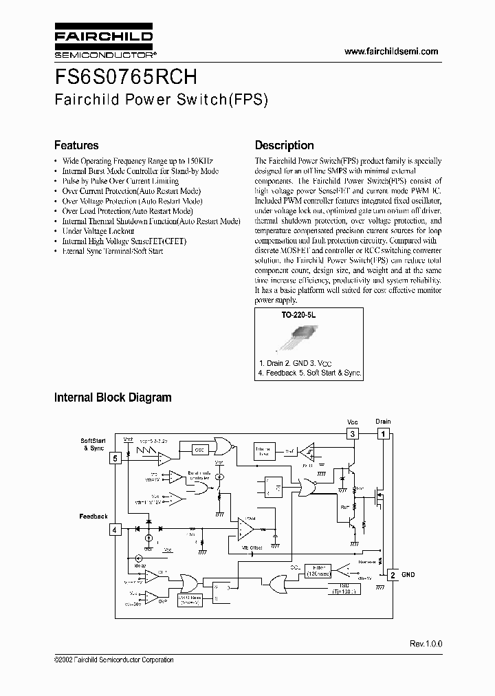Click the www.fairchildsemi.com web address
tap(390, 52)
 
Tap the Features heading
tap(76, 145)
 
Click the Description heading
tap(284, 145)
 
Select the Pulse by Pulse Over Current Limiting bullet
tap(120, 181)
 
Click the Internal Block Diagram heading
tap(113, 398)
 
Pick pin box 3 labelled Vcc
tap(352, 433)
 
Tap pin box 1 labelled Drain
tap(383, 433)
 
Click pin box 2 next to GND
tap(391, 574)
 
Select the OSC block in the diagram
tap(200, 449)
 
